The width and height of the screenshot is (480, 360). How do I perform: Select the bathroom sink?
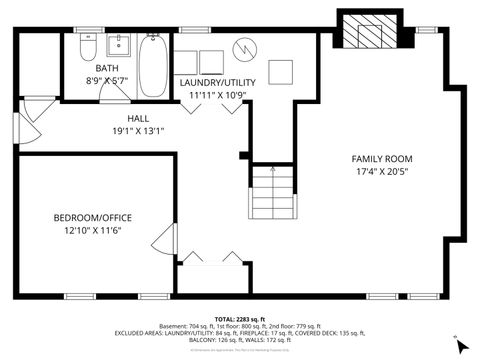click(120, 46)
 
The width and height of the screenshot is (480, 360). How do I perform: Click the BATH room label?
click(107, 68)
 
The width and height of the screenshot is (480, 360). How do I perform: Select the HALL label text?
click(138, 118)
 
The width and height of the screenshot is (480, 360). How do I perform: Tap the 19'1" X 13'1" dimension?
click(138, 130)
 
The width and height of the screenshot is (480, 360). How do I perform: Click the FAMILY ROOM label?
click(382, 159)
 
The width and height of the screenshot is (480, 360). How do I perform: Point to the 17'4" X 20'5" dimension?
click(382, 172)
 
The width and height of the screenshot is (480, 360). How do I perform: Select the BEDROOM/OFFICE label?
click(93, 217)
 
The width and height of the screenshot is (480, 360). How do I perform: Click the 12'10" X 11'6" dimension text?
click(93, 230)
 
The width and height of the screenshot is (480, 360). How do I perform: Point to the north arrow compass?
click(460, 345)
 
